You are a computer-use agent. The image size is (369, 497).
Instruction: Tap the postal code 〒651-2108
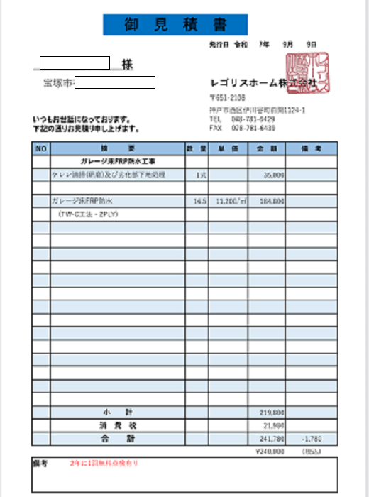coord(227,97)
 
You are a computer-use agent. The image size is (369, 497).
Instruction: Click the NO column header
coord(40,148)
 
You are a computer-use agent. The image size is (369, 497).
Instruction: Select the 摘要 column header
coord(117,148)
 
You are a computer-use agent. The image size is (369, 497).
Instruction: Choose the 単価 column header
coord(228,148)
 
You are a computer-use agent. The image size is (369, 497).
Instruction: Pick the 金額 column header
coord(266,148)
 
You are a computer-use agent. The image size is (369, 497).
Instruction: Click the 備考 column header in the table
coord(312,148)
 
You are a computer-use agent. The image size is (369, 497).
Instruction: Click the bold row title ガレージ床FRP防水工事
coord(118,162)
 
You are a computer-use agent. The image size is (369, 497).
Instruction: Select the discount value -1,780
coord(313,439)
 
